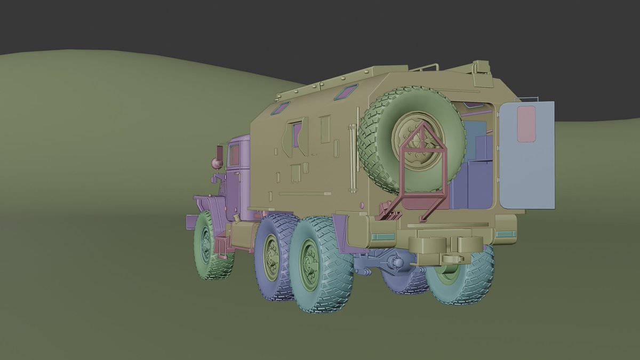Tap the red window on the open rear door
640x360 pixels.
click(526, 124)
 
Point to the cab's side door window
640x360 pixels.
click(234, 155)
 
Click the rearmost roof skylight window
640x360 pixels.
click(346, 92)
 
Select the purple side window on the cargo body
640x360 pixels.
click(297, 134)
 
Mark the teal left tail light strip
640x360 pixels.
click(382, 236)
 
